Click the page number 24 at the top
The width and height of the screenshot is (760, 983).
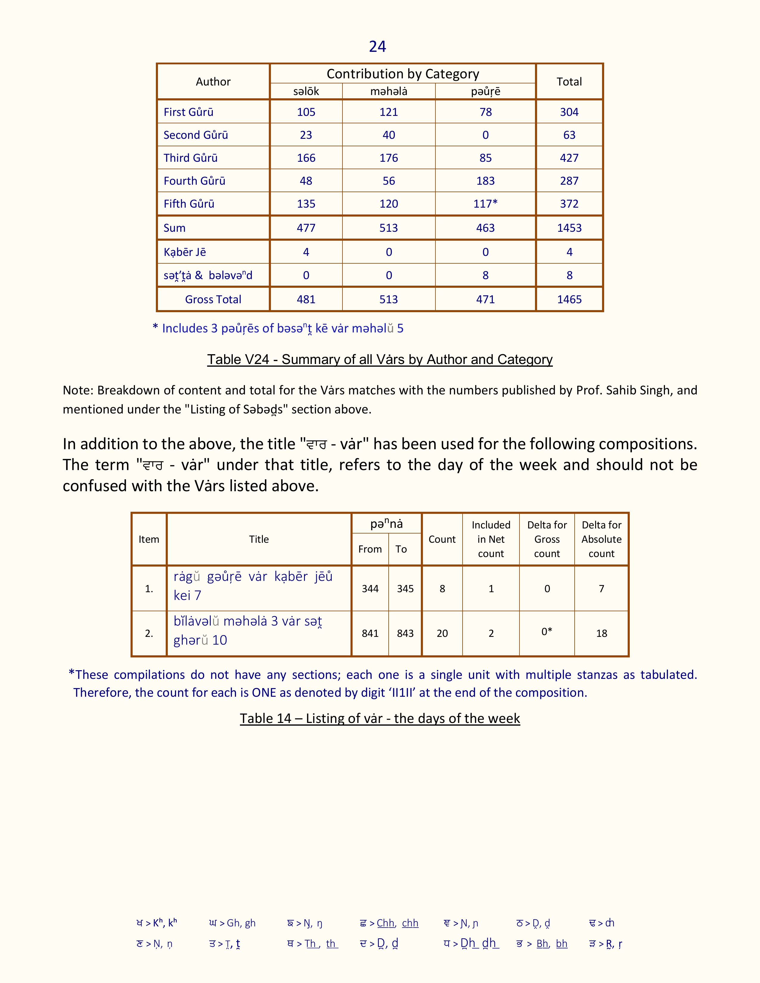coord(377,47)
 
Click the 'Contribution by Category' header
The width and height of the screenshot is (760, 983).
coord(403,74)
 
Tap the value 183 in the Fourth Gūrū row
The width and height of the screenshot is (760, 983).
coord(485,181)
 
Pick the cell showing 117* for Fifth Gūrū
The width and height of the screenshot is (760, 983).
coord(485,204)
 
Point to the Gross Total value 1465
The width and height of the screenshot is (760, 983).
coord(569,299)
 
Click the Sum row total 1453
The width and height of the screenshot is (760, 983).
coord(569,228)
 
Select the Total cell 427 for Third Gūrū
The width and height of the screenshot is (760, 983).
coord(569,158)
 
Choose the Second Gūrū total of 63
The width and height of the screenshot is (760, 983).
coord(569,135)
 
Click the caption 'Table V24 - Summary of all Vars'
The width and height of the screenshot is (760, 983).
coord(379,359)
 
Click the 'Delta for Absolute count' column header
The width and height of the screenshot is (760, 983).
coord(601,539)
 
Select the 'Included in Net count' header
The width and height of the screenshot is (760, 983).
coord(491,539)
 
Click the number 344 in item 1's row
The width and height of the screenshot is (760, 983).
coord(370,589)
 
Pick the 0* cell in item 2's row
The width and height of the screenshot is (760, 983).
coord(547,632)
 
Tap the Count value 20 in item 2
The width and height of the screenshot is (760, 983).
coord(442,633)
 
